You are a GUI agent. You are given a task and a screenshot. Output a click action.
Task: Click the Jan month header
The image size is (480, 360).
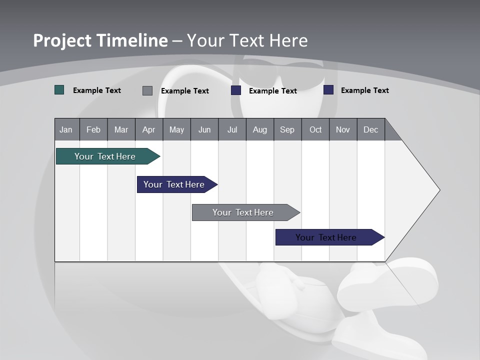[x=66, y=130]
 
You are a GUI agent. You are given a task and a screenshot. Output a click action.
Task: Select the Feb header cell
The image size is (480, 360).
[x=93, y=130]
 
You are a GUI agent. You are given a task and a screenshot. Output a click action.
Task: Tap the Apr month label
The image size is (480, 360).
[x=148, y=130]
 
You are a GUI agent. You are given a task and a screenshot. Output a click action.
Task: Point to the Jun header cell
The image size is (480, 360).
[x=204, y=130]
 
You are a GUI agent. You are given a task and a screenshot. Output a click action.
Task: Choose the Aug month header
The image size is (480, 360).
[x=259, y=130]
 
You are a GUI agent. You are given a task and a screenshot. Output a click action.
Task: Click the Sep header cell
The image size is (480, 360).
[x=287, y=130]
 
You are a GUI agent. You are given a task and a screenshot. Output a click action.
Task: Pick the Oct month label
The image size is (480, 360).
[x=315, y=130]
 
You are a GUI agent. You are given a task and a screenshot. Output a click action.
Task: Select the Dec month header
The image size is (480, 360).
[x=370, y=130]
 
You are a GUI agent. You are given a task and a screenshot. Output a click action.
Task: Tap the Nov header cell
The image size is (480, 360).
[x=343, y=130]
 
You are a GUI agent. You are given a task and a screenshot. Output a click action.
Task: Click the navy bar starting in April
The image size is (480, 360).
[x=175, y=184]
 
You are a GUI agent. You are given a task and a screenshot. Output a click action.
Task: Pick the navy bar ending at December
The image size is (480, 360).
[x=327, y=237]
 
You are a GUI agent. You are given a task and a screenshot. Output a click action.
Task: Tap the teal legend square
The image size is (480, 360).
[x=59, y=90]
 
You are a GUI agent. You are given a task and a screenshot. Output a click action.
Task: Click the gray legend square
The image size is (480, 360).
[x=147, y=90]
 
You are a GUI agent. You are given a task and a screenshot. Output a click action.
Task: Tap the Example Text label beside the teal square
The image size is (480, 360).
[x=97, y=90]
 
